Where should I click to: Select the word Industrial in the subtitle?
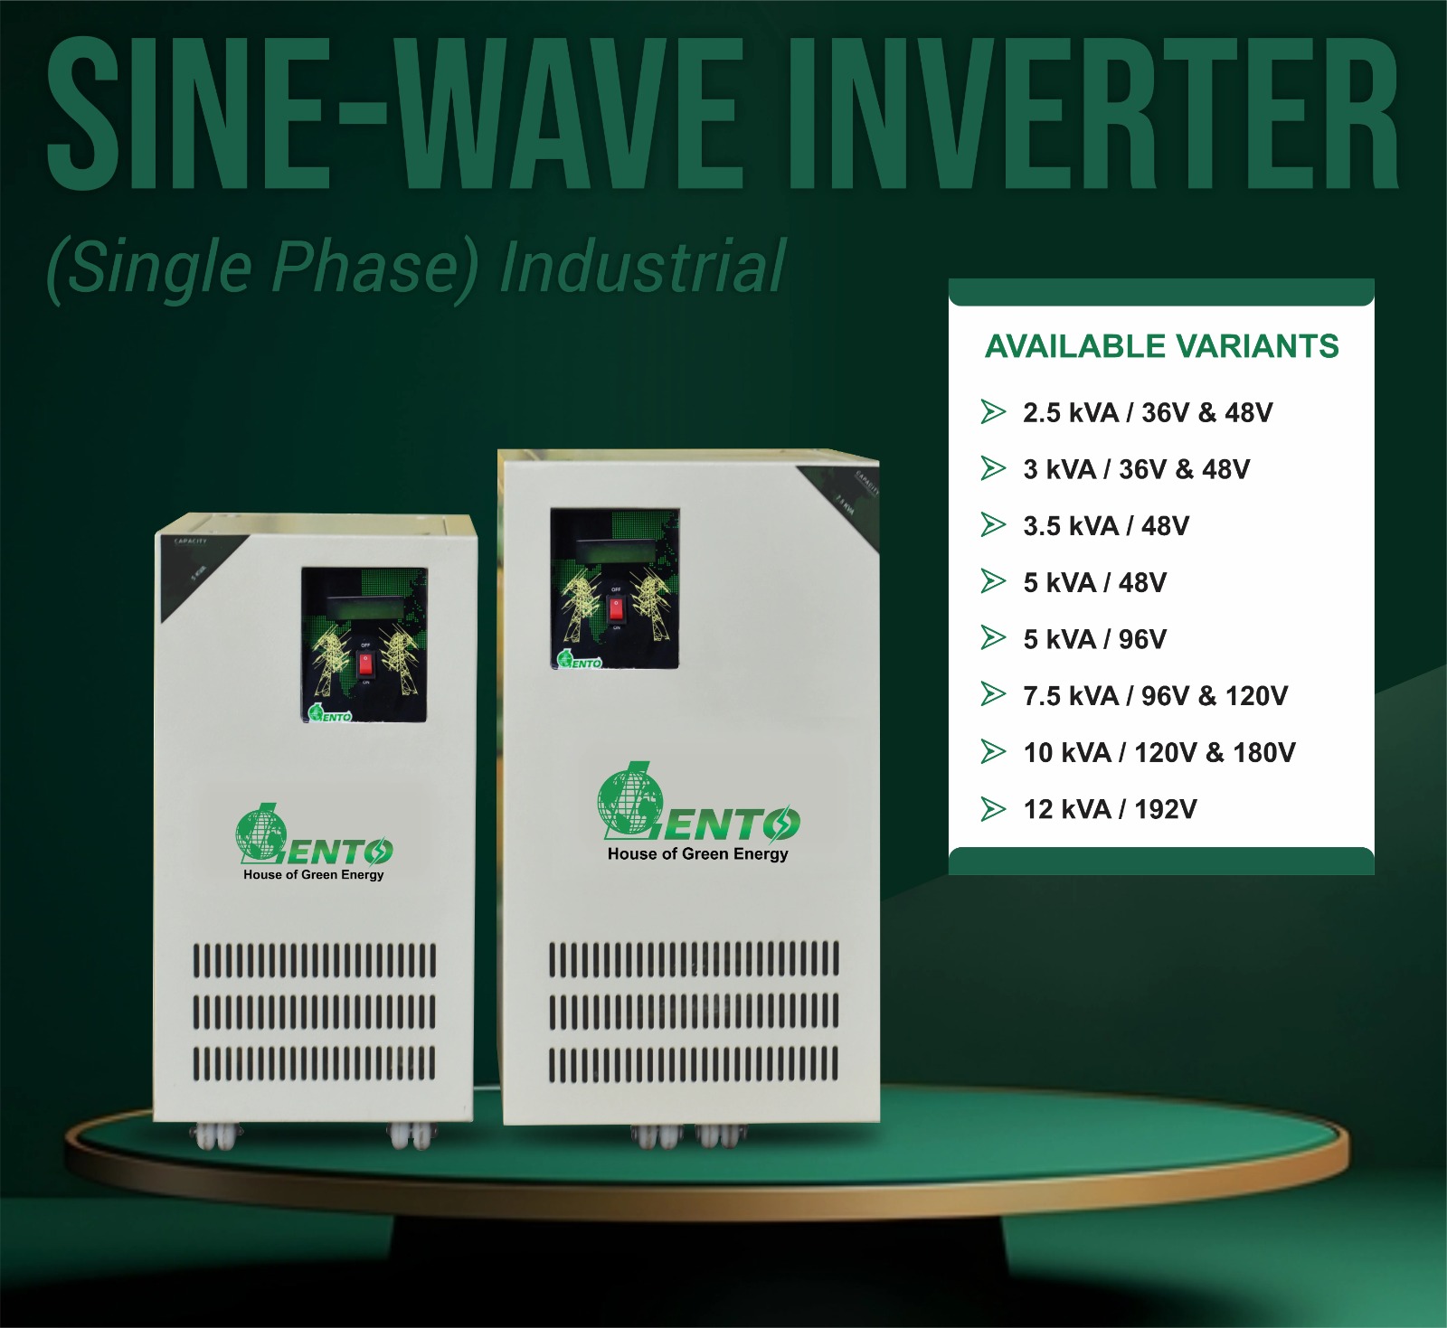(642, 268)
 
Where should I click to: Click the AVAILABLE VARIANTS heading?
(1161, 346)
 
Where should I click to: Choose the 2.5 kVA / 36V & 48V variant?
(1147, 413)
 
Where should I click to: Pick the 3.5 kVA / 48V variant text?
(1105, 526)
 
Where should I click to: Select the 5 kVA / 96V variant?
(1094, 639)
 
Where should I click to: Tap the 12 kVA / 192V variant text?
(1110, 809)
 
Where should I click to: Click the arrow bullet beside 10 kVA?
(993, 752)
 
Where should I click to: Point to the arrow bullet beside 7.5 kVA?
(993, 695)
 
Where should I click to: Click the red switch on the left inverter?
(365, 664)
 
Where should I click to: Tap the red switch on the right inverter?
(616, 608)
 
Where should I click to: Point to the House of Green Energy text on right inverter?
(697, 854)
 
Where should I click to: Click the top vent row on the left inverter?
(314, 960)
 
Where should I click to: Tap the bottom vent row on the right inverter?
(694, 1064)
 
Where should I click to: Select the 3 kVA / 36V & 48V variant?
(1136, 470)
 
